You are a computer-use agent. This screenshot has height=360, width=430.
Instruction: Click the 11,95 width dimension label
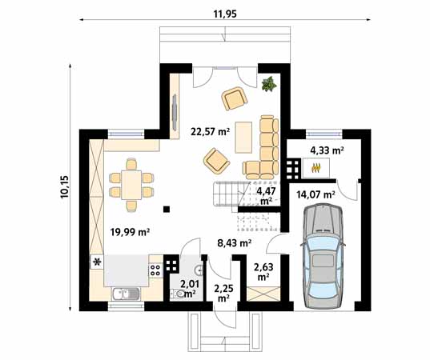pos(225,14)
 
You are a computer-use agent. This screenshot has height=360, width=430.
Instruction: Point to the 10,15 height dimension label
pos(66,186)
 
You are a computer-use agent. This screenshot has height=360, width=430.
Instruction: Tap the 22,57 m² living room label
pos(210,132)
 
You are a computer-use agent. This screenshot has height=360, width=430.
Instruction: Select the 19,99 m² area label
pos(130,232)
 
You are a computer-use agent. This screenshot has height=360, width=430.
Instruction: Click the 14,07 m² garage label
pos(315,194)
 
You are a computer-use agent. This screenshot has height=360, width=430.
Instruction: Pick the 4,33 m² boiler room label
pos(328,150)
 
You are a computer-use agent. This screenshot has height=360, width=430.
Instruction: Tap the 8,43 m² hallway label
pos(235,242)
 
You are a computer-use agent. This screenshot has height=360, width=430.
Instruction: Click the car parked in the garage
pos(323,257)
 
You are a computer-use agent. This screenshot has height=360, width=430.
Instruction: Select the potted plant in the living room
pos(269,84)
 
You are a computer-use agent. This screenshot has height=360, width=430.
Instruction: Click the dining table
pos(131,185)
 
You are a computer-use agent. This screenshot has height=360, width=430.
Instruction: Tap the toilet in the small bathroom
pos(179,294)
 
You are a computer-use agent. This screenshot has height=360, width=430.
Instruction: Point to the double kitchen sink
pos(126,294)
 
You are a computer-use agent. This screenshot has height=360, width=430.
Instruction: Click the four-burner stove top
pos(155,270)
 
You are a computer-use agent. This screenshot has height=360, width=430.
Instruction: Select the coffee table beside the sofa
pos(243,138)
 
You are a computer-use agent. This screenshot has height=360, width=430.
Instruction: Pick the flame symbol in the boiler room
pos(316,168)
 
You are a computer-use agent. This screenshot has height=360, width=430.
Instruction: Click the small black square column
pos(167,210)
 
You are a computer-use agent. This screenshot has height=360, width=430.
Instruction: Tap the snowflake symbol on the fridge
pos(97,262)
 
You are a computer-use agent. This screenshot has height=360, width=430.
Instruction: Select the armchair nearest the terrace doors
pos(235,98)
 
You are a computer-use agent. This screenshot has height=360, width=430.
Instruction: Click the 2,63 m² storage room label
pos(263,272)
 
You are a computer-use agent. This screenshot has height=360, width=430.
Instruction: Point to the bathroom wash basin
pos(199,270)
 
